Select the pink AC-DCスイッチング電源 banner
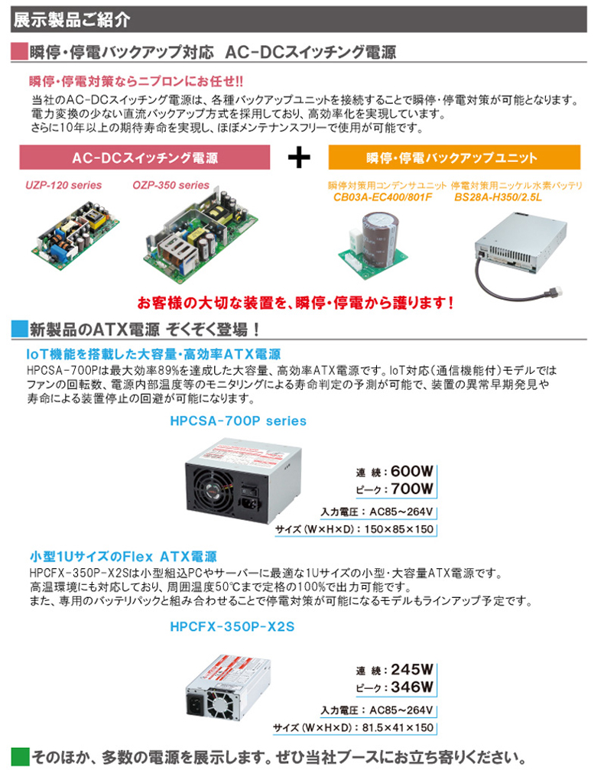click(x=145, y=158)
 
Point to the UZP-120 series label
click(x=63, y=185)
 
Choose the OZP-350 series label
click(x=170, y=185)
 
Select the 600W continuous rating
click(x=412, y=471)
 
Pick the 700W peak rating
click(x=412, y=489)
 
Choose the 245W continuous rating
click(x=412, y=669)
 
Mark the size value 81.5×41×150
click(x=399, y=728)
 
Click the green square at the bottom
click(x=21, y=756)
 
